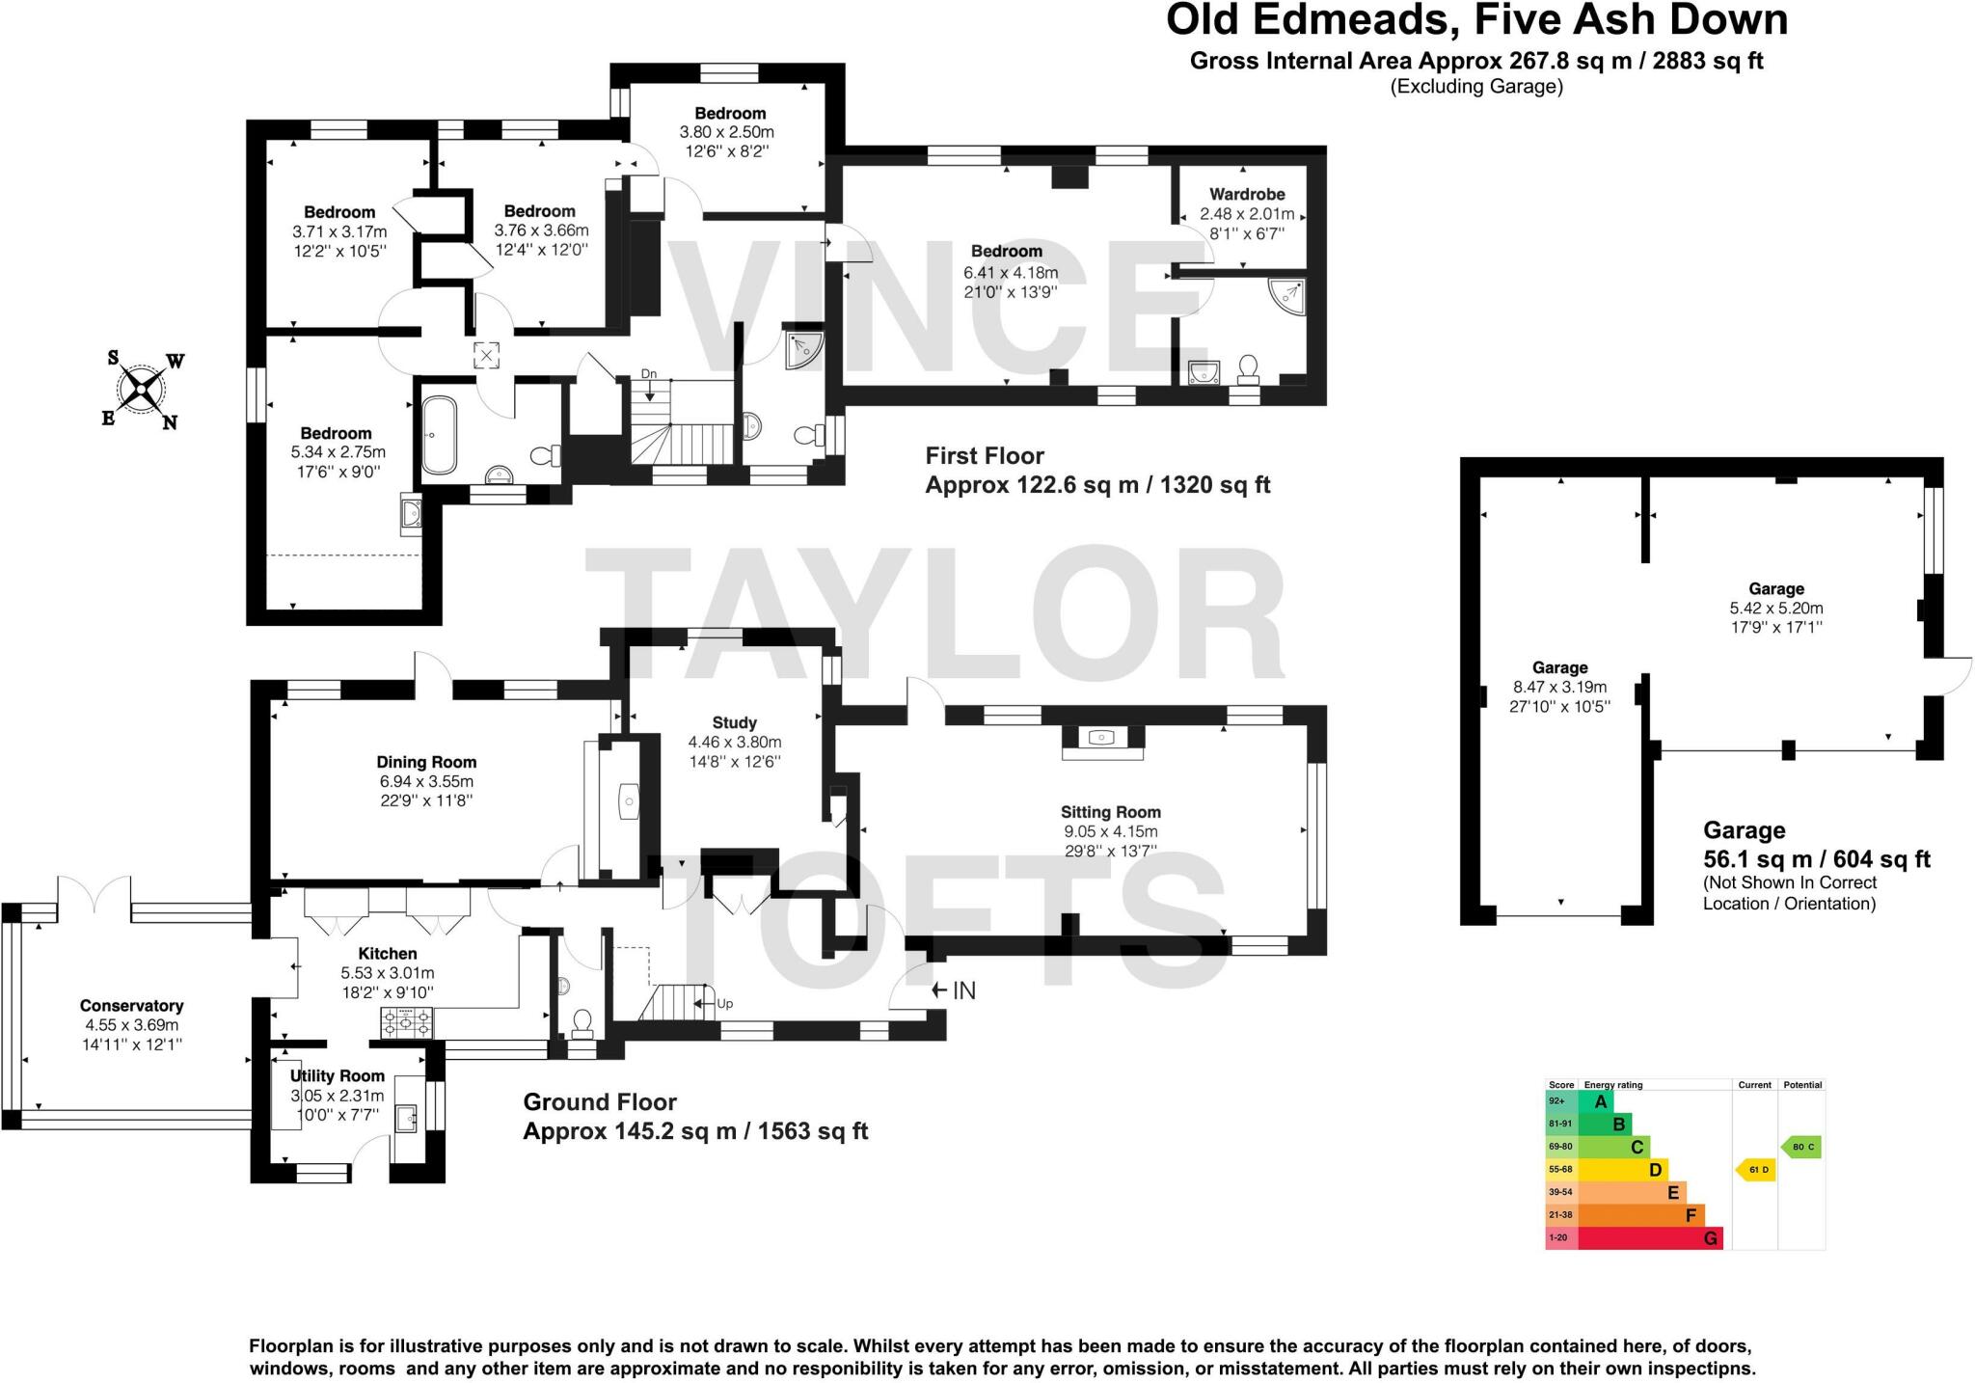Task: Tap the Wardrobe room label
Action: [1247, 194]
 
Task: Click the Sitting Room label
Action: [1110, 812]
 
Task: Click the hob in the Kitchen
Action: [408, 1023]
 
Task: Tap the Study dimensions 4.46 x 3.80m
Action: [734, 742]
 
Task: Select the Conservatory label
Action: [131, 1006]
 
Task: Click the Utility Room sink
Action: [406, 1119]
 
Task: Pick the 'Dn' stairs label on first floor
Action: [650, 374]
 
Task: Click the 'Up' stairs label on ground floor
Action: [724, 1003]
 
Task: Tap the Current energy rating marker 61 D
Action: [1755, 1170]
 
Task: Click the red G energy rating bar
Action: [1649, 1238]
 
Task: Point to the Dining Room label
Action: [426, 762]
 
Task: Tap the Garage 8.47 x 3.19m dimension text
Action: [1559, 688]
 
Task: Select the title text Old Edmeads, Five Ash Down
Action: [1476, 19]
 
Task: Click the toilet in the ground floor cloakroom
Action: [582, 1021]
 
